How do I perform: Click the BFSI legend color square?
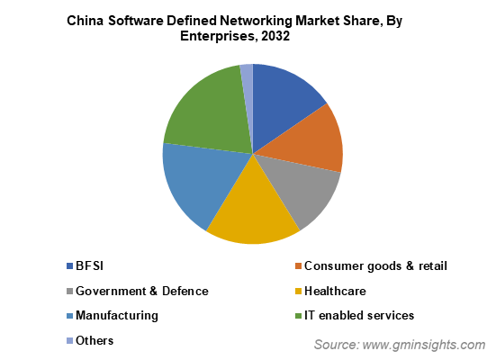point(69,266)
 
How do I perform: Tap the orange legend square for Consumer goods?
point(298,266)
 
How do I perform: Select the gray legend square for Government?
point(69,291)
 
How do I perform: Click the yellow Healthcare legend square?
point(298,291)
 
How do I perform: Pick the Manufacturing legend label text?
point(117,316)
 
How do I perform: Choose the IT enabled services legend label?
point(359,315)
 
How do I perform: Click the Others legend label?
point(95,341)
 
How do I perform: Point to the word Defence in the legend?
point(185,291)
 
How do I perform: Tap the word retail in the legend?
point(433,266)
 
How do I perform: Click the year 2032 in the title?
point(275,36)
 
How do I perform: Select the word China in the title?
point(86,21)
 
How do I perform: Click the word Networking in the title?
point(257,22)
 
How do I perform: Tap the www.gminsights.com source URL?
point(424,345)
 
